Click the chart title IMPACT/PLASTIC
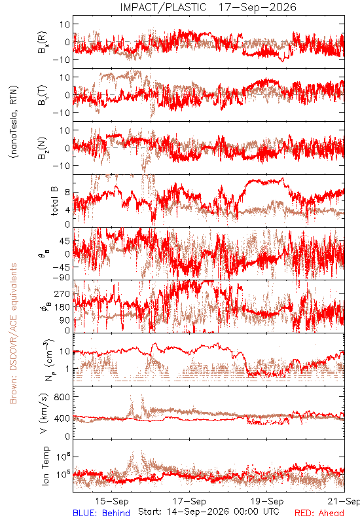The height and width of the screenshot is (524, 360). pyautogui.click(x=163, y=7)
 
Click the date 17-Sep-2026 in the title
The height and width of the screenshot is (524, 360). pyautogui.click(x=257, y=7)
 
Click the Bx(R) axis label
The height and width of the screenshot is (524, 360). pyautogui.click(x=43, y=43)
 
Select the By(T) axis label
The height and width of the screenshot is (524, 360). pyautogui.click(x=43, y=95)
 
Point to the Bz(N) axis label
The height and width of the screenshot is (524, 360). pyautogui.click(x=43, y=148)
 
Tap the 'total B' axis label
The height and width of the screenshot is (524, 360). pyautogui.click(x=54, y=201)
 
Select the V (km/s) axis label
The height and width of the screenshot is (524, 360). pyautogui.click(x=44, y=413)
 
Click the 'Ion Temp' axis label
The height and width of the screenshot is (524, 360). pyautogui.click(x=45, y=466)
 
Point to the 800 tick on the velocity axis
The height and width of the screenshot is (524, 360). pyautogui.click(x=62, y=397)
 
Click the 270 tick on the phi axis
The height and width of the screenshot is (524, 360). pyautogui.click(x=62, y=293)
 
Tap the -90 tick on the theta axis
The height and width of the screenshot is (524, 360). pyautogui.click(x=61, y=278)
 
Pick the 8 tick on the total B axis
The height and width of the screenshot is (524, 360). pyautogui.click(x=67, y=193)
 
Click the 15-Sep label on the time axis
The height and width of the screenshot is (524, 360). pyautogui.click(x=112, y=501)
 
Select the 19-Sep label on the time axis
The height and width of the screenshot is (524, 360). pyautogui.click(x=267, y=501)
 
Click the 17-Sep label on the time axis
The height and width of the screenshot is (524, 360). pyautogui.click(x=189, y=501)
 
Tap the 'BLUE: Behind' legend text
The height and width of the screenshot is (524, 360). pyautogui.click(x=101, y=513)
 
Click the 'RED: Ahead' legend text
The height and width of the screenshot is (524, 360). pyautogui.click(x=319, y=513)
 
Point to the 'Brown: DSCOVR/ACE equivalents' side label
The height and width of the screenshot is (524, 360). pyautogui.click(x=13, y=333)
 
